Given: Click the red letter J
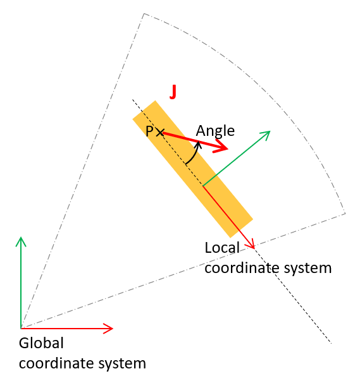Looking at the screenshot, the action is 173,92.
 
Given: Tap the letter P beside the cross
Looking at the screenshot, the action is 149,131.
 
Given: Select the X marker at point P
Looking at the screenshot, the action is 160,132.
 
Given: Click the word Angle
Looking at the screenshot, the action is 215,131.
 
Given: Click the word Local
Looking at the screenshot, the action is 222,248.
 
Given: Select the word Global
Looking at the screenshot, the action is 41,343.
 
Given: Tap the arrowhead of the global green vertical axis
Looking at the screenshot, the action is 21,241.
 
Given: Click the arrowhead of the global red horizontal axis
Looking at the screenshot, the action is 108,328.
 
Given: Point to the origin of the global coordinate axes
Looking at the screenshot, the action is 21,328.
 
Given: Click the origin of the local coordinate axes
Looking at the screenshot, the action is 203,186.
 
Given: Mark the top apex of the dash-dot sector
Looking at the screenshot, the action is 144,14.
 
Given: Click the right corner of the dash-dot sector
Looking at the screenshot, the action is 345,213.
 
